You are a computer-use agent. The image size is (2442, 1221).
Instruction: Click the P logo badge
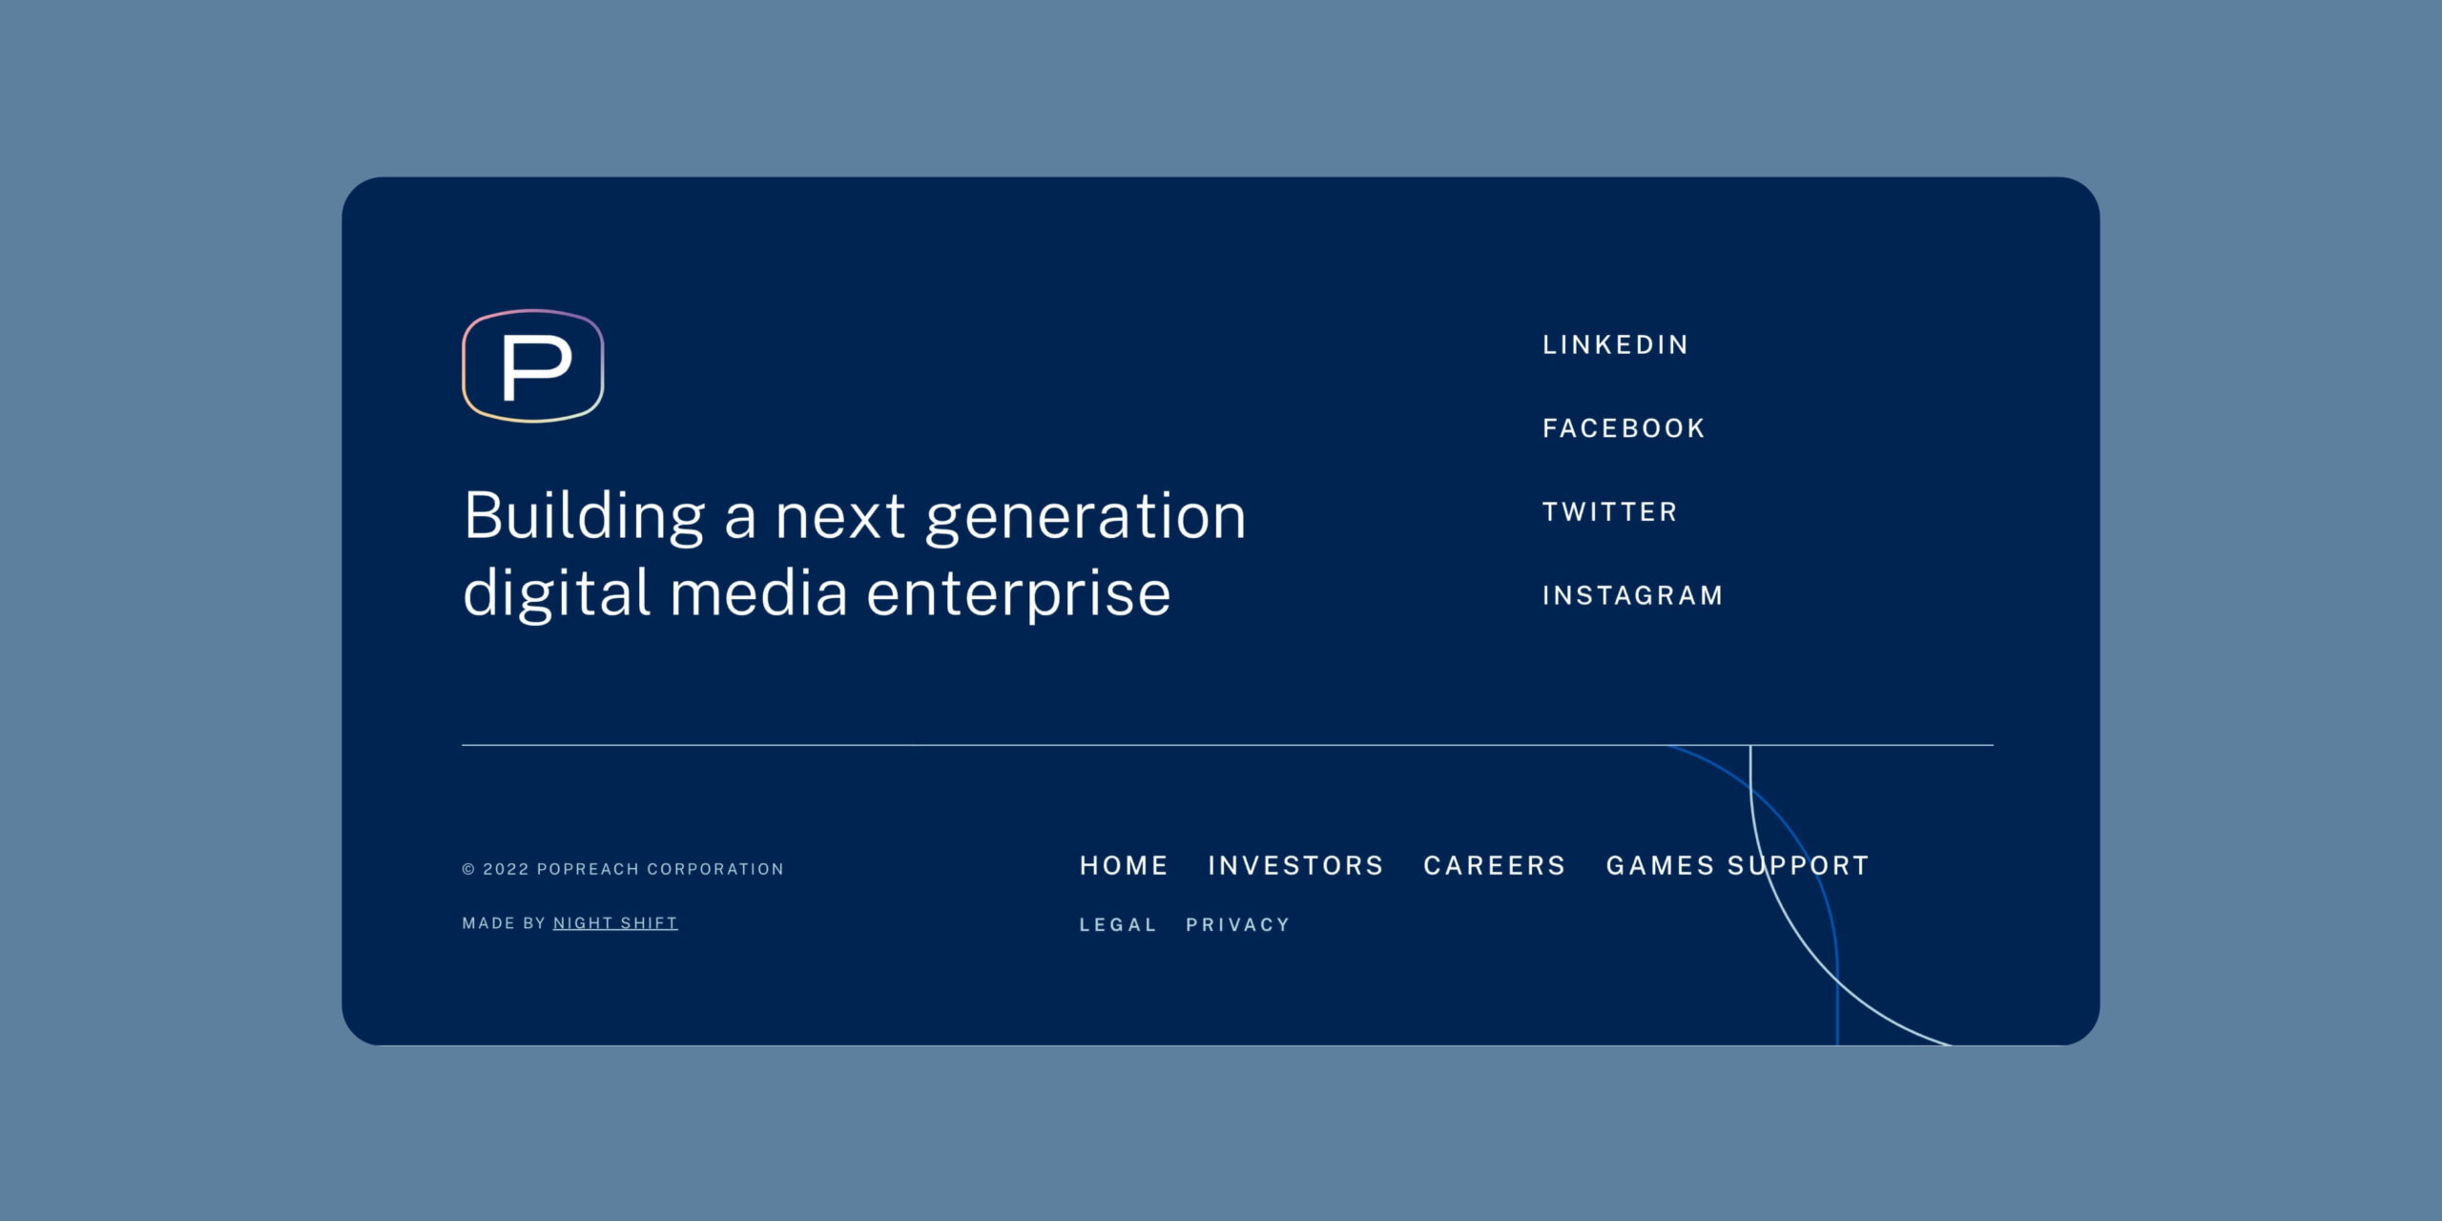533,365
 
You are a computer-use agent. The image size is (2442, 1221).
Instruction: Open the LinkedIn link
1615,344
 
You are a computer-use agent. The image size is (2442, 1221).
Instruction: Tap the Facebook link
1624,428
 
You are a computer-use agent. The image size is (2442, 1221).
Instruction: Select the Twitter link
1609,512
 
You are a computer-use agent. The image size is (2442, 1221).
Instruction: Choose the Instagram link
1632,595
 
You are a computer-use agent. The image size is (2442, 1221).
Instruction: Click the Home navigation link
1124,865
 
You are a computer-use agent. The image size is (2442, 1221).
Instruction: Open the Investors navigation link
1295,865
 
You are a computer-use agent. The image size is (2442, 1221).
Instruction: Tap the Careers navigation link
1494,865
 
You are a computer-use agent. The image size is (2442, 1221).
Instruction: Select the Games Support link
1737,865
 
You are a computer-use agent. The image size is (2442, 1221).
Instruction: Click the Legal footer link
1117,924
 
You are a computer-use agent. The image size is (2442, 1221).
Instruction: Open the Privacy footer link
1237,924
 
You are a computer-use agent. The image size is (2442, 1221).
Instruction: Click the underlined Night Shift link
615,922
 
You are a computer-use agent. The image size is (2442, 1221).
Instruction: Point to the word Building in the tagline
584,516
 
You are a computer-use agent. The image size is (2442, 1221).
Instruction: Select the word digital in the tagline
556,593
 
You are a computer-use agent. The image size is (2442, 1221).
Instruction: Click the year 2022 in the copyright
506,869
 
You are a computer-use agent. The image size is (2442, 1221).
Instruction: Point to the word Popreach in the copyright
588,869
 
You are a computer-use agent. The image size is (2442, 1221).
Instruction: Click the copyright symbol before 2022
468,869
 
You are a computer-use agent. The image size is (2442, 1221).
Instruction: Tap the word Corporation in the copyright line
715,869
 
